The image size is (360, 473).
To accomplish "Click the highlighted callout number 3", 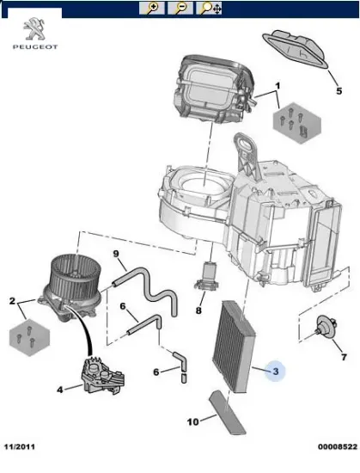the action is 276,372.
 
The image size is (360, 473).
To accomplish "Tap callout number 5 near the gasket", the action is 339,90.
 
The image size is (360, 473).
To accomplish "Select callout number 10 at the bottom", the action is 192,421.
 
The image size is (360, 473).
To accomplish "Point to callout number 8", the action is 198,310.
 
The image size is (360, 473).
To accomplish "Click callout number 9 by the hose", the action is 116,254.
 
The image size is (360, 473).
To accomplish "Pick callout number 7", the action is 344,357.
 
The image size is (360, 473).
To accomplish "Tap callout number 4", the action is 60,390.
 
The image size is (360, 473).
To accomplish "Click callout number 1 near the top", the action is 278,86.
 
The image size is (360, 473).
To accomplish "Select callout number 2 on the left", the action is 12,301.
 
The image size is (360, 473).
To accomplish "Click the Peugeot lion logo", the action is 34,28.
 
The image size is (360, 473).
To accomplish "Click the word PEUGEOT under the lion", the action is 35,46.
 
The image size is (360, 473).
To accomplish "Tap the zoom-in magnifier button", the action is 152,8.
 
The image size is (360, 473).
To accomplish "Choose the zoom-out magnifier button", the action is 180,8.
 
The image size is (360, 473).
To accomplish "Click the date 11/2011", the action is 19,446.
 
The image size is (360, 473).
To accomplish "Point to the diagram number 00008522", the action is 338,446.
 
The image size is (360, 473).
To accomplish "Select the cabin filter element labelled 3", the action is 234,346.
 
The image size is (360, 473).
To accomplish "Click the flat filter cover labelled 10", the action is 227,412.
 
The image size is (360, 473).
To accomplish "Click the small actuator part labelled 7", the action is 326,329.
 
